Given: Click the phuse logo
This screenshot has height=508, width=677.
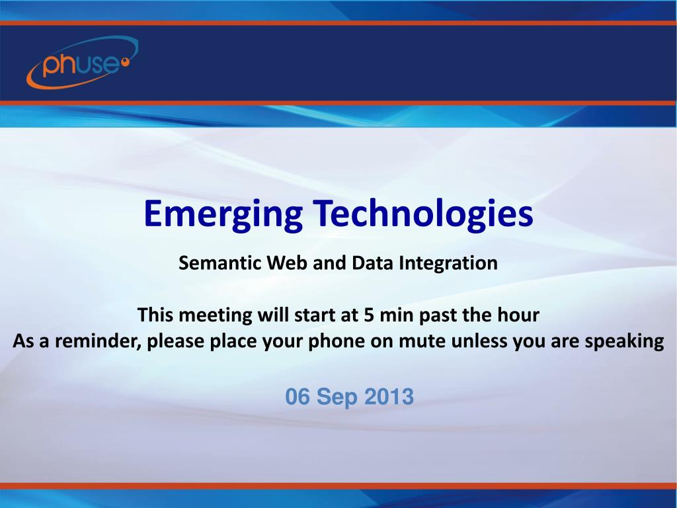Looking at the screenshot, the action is [x=82, y=63].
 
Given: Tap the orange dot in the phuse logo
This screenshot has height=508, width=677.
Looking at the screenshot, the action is [x=126, y=62].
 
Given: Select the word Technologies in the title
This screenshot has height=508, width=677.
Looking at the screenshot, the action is [x=423, y=214].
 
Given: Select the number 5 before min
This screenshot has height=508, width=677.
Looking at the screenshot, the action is [x=369, y=315].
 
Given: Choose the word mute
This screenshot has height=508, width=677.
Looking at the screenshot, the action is [x=422, y=341].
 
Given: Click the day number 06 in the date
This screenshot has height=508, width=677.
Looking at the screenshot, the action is [x=298, y=397].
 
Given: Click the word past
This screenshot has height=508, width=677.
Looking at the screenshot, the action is [x=438, y=316].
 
